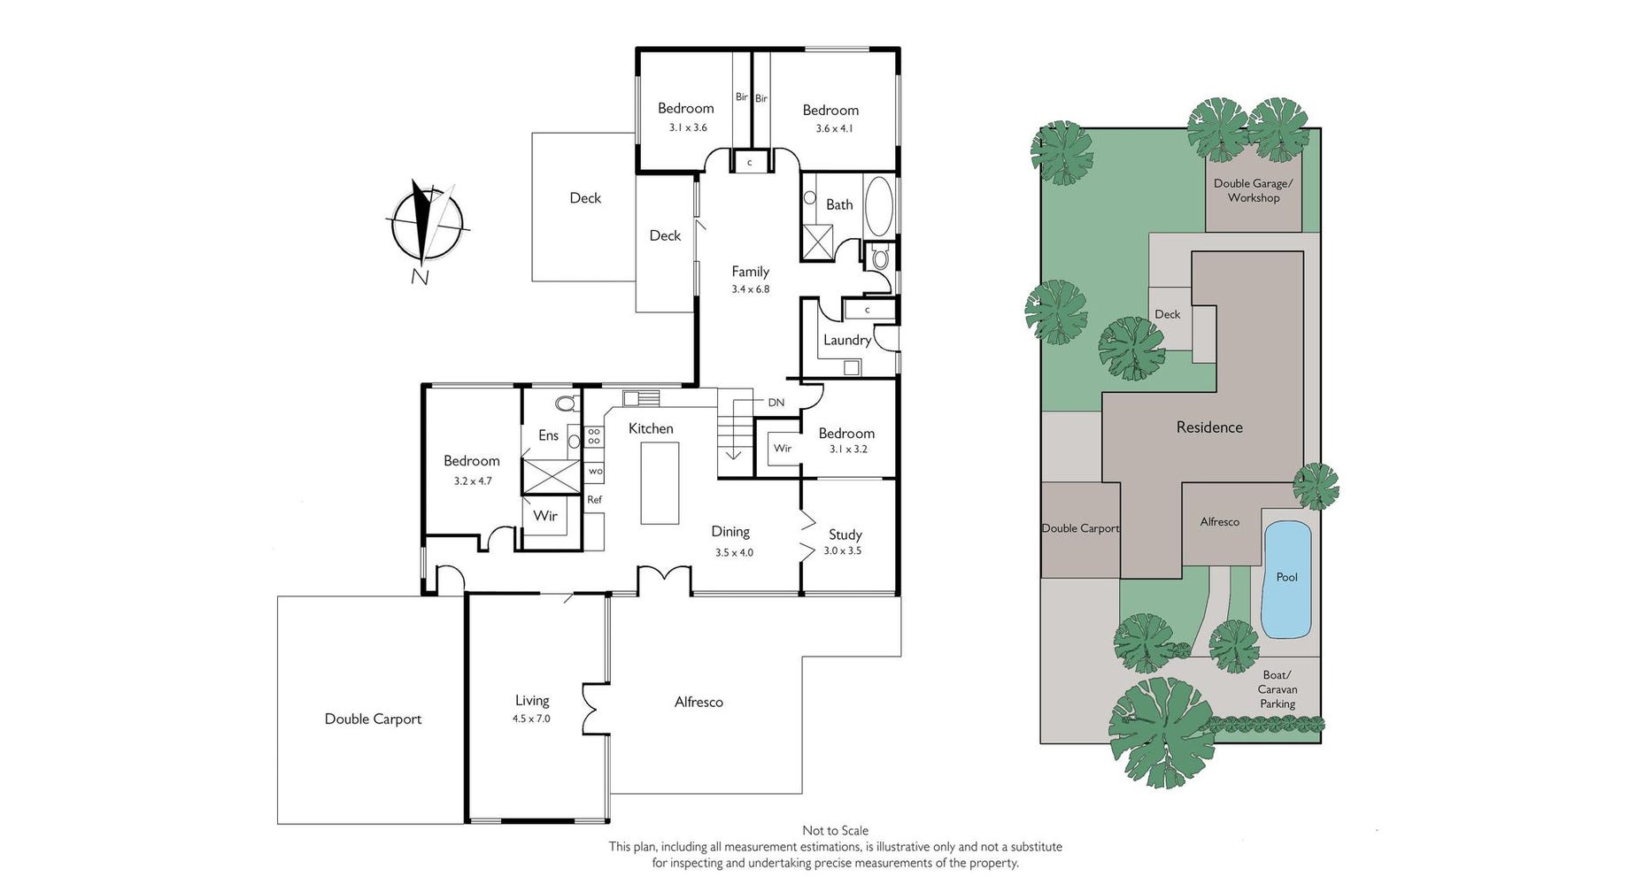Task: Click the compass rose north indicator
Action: coord(426,225)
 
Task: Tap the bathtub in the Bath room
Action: coord(879,206)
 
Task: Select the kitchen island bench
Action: coord(660,483)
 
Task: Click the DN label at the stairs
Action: coord(776,403)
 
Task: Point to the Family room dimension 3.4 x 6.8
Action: coord(751,289)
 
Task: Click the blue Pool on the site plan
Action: coord(1286,579)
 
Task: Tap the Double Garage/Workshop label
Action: coord(1253,190)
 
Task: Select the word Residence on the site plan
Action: coord(1209,427)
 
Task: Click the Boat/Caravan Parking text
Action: coord(1278,689)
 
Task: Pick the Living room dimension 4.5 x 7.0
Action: coord(531,719)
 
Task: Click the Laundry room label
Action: coord(847,340)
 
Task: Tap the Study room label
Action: coord(845,534)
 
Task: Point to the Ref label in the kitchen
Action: coord(594,500)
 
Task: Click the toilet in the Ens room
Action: coord(565,404)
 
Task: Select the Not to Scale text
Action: coord(835,831)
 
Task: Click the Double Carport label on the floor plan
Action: coord(373,719)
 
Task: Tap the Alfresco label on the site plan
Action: coord(1219,522)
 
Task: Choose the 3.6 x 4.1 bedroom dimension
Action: coord(834,129)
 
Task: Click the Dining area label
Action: coord(730,532)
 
